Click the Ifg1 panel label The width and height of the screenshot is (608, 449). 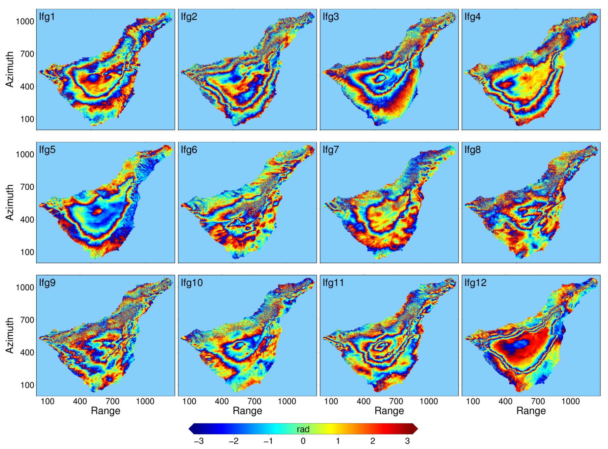point(47,17)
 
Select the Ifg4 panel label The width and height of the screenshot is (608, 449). point(473,17)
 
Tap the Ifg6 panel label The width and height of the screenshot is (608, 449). point(189,150)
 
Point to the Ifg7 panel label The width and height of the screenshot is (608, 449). point(331,150)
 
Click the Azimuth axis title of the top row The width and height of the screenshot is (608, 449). point(10,69)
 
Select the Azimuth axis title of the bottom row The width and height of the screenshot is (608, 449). point(10,335)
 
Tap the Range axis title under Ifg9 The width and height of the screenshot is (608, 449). point(105,411)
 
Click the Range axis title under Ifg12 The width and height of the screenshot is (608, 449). point(531,411)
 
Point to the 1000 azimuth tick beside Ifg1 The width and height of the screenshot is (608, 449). point(25,21)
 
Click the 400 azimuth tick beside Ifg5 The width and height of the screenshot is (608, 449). point(27,220)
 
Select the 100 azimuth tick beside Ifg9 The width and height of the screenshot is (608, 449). point(27,385)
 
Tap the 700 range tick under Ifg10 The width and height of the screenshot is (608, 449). point(254,401)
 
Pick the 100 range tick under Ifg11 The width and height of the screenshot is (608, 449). point(331,401)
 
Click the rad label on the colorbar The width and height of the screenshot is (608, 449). point(303,429)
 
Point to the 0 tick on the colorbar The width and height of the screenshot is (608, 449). point(303,441)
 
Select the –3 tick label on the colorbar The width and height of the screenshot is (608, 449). point(199,441)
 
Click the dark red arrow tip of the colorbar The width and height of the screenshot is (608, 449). point(416,429)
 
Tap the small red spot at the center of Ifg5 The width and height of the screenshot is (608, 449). point(97,211)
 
